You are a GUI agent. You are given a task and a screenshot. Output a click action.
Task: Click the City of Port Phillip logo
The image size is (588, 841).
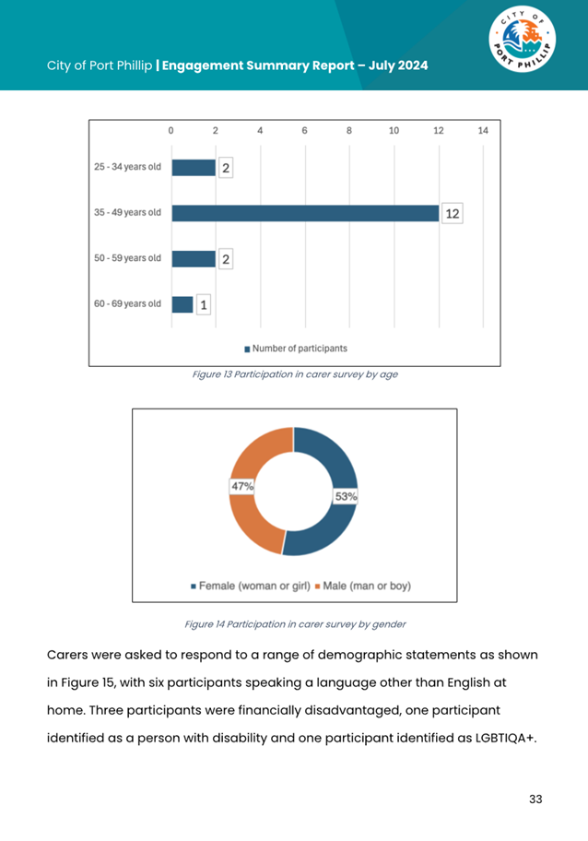pyautogui.click(x=522, y=39)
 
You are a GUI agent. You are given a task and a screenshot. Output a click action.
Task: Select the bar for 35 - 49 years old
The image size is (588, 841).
pyautogui.click(x=306, y=213)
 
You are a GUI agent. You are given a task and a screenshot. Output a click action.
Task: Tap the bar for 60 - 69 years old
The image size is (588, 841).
pyautogui.click(x=182, y=304)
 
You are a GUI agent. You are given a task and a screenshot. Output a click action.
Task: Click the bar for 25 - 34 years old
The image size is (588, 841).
pyautogui.click(x=194, y=167)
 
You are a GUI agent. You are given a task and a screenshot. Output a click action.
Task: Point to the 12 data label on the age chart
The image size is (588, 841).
pyautogui.click(x=453, y=213)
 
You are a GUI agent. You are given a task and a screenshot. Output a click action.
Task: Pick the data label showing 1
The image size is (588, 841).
pyautogui.click(x=203, y=305)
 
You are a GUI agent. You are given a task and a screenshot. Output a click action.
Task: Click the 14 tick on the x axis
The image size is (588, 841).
pyautogui.click(x=483, y=130)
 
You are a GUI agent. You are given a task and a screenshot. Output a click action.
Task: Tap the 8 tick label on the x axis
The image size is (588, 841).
pyautogui.click(x=349, y=130)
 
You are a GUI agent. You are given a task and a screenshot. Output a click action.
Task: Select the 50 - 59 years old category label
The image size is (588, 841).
pyautogui.click(x=127, y=258)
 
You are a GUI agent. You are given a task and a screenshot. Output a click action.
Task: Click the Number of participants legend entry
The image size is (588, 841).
pyautogui.click(x=295, y=349)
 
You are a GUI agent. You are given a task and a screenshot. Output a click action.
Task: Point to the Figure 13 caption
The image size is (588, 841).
pyautogui.click(x=295, y=373)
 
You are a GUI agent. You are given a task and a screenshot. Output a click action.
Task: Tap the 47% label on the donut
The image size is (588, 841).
pyautogui.click(x=241, y=486)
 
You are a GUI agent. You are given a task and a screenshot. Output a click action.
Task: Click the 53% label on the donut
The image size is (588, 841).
pyautogui.click(x=346, y=497)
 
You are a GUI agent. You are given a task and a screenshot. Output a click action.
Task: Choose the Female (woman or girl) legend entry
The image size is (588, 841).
pyautogui.click(x=251, y=586)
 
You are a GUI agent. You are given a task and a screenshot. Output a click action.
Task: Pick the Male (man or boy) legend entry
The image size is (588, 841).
pyautogui.click(x=363, y=586)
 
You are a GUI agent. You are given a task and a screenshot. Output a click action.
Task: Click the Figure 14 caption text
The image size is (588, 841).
pyautogui.click(x=295, y=624)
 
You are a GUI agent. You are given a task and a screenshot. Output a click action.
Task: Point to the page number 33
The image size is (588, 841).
pyautogui.click(x=535, y=800)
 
